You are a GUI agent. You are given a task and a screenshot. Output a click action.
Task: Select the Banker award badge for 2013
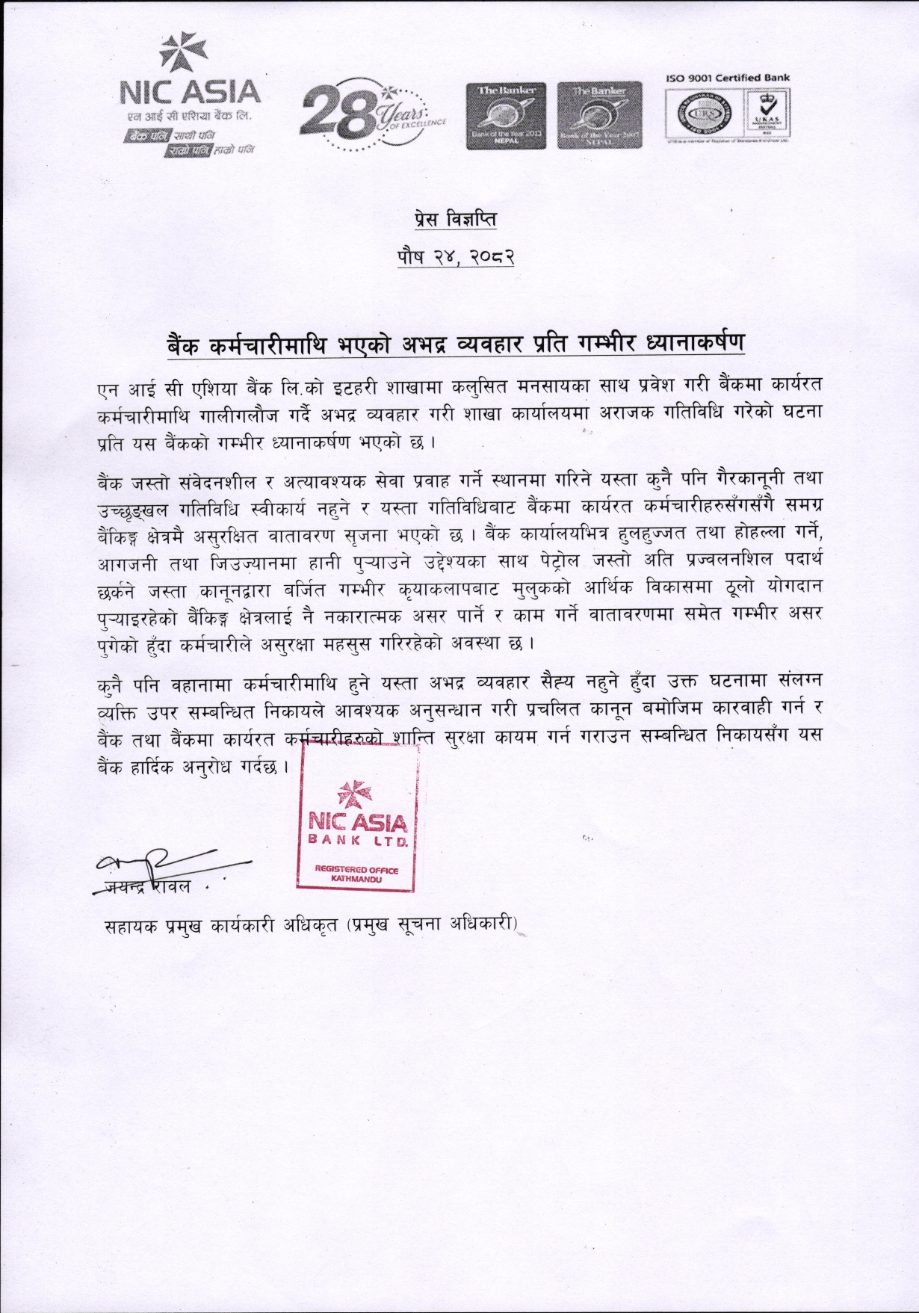click(x=506, y=116)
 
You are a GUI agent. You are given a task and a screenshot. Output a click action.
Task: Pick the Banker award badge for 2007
click(x=598, y=116)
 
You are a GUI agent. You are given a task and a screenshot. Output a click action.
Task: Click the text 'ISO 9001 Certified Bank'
click(x=727, y=78)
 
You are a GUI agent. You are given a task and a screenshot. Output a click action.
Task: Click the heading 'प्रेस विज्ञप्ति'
click(x=455, y=220)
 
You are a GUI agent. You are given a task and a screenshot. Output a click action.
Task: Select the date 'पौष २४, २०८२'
click(x=455, y=257)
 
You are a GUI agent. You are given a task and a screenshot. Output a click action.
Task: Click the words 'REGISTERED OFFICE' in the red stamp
click(x=356, y=869)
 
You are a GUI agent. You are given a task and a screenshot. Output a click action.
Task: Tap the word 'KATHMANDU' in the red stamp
click(x=356, y=879)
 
